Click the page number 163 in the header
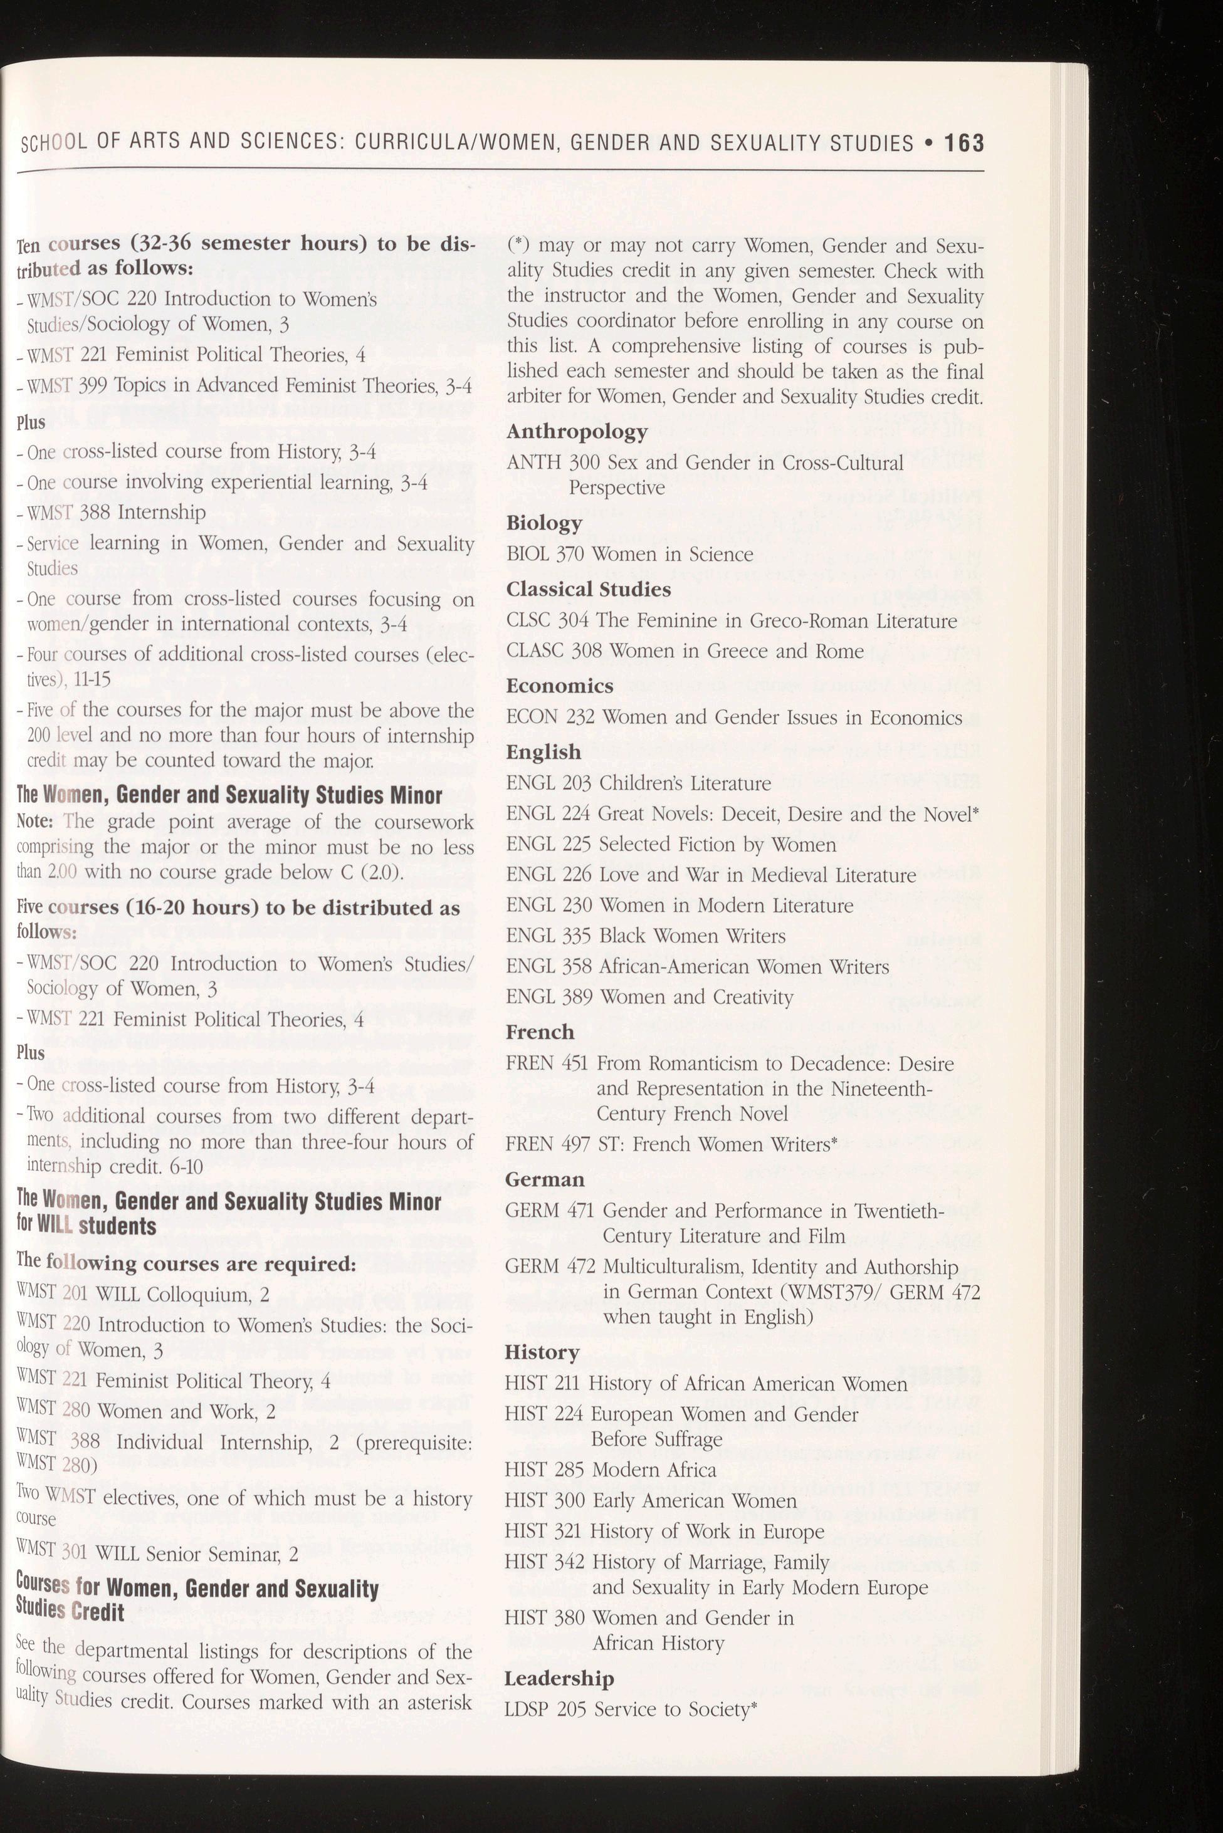[x=964, y=144]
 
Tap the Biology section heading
[x=543, y=523]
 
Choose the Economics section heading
[x=559, y=686]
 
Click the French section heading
[x=539, y=1031]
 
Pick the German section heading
[x=544, y=1178]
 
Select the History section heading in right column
[x=542, y=1351]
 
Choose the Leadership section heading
[x=559, y=1678]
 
